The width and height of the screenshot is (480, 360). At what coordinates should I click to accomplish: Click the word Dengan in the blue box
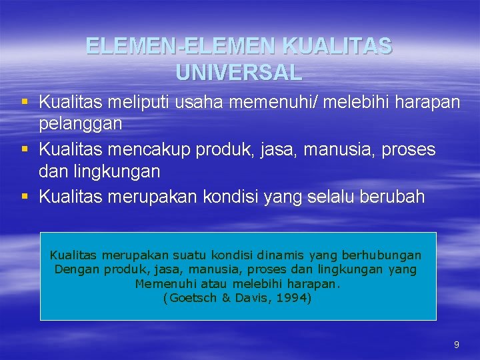[x=75, y=270]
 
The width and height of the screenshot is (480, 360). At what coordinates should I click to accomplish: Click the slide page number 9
[x=456, y=345]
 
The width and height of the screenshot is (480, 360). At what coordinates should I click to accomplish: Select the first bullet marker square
[x=25, y=102]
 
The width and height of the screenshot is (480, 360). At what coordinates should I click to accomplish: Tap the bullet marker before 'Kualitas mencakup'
[x=25, y=149]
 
